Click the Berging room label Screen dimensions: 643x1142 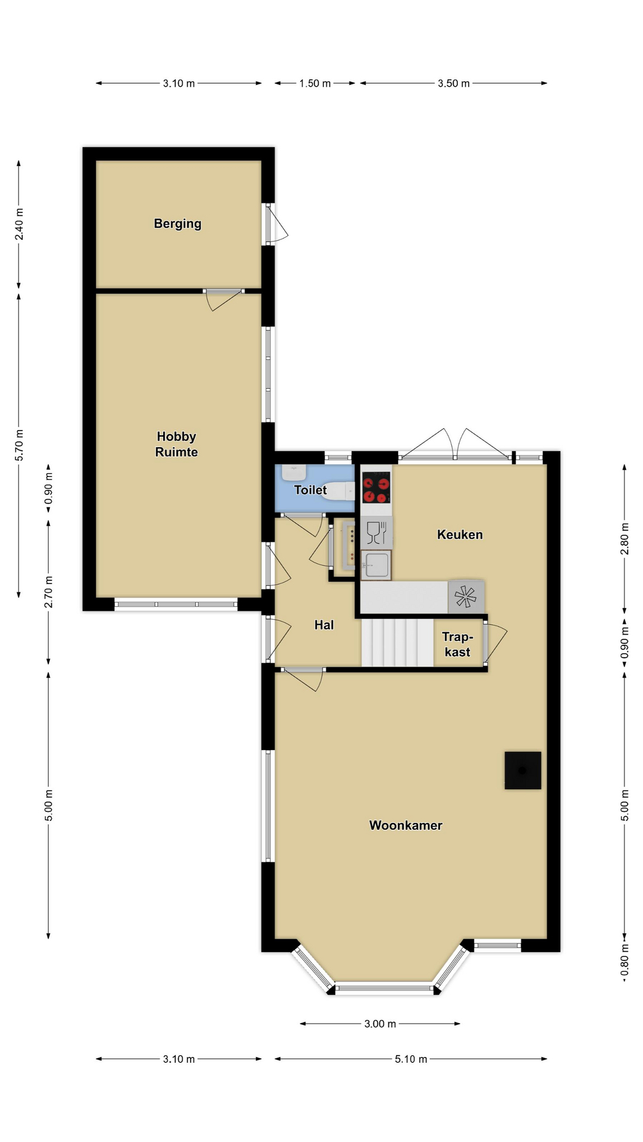[177, 224]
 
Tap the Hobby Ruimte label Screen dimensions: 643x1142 [176, 444]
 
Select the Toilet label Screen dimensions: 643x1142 [310, 490]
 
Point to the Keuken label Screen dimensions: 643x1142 [460, 534]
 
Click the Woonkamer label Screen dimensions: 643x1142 [405, 825]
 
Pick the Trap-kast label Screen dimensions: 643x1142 [457, 644]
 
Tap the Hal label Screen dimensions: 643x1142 [324, 625]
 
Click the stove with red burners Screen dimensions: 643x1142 [376, 488]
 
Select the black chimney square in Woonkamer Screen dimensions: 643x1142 [523, 770]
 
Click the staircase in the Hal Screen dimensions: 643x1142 [397, 642]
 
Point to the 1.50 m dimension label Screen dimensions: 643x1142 [315, 83]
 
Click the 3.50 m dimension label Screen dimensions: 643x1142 [454, 83]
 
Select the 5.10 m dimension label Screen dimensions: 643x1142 [411, 1059]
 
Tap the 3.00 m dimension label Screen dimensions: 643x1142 [380, 1024]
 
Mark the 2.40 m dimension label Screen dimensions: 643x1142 [19, 224]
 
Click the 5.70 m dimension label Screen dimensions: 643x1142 [19, 445]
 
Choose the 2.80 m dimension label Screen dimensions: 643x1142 [625, 538]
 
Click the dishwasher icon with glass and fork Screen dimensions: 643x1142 [376, 532]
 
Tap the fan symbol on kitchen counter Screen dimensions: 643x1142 [466, 597]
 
